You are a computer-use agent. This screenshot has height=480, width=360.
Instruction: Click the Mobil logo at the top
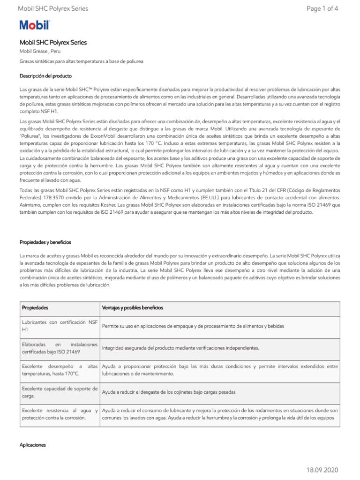click(34, 26)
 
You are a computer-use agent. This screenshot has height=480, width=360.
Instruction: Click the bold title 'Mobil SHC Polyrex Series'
click(53, 43)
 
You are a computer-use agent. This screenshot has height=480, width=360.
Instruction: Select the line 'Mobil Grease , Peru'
click(40, 52)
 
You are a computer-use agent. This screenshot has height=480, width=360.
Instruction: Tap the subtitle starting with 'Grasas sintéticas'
click(81, 61)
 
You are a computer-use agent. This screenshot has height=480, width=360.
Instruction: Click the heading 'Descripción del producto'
click(45, 76)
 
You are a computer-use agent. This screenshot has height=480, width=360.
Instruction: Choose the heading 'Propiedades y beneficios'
click(45, 242)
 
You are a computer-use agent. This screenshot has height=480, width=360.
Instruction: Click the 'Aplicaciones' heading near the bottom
click(32, 444)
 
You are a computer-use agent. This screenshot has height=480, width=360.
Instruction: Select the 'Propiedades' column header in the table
click(35, 308)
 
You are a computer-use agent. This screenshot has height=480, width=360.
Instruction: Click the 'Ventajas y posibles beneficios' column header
click(133, 308)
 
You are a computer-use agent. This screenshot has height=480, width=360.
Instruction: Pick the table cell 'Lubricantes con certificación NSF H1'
click(60, 326)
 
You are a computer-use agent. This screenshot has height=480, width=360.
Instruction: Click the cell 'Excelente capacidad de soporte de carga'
click(60, 392)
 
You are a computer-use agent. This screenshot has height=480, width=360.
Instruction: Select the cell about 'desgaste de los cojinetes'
click(168, 392)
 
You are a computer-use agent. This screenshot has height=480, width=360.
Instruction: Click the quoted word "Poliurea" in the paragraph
click(31, 135)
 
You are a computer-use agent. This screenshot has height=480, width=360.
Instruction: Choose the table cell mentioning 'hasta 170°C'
click(60, 370)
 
